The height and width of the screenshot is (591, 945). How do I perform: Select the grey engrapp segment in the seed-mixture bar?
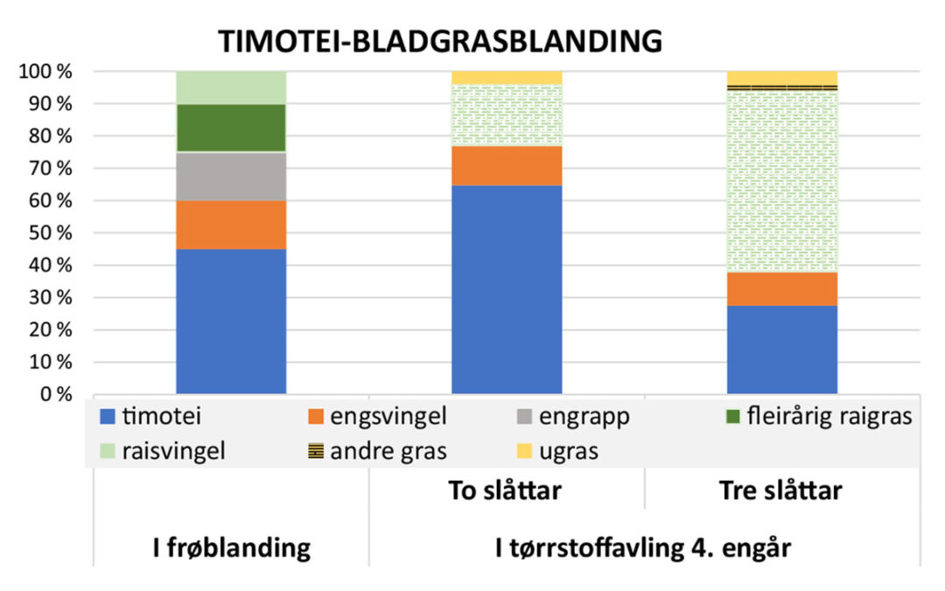pyautogui.click(x=231, y=177)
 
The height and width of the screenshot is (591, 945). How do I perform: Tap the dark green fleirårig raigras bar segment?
pyautogui.click(x=231, y=128)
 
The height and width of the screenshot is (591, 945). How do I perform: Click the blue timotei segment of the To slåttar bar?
pyautogui.click(x=507, y=289)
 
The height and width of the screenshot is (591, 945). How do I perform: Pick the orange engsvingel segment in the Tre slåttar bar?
pyautogui.click(x=782, y=289)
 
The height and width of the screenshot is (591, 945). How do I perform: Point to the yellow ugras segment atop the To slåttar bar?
pyautogui.click(x=507, y=77)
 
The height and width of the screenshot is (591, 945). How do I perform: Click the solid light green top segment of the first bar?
pyautogui.click(x=231, y=88)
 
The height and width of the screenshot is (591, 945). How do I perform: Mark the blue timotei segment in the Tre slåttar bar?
pyautogui.click(x=782, y=349)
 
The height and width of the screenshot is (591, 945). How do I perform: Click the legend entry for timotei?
pyautogui.click(x=152, y=417)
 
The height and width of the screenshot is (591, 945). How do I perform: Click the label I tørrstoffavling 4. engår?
pyautogui.click(x=643, y=548)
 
